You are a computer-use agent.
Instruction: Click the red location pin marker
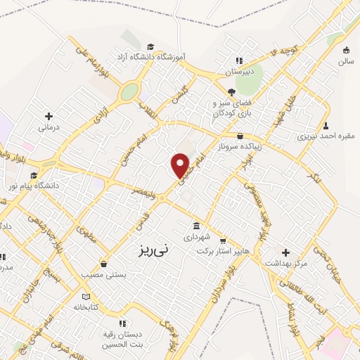click(181, 166)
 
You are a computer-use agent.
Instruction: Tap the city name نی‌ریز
click(151, 249)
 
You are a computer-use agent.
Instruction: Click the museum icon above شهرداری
click(196, 226)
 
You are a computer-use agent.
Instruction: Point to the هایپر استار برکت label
click(224, 250)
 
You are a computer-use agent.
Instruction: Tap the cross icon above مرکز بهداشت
click(285, 252)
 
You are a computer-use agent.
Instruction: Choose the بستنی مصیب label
click(103, 275)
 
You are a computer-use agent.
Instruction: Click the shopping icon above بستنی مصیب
click(104, 264)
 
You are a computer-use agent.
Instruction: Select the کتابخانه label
click(86, 307)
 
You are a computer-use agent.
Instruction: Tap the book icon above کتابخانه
click(86, 296)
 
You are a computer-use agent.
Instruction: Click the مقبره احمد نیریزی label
click(326, 136)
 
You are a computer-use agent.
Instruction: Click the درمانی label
click(49, 127)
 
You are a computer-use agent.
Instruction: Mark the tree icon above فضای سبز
click(231, 91)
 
